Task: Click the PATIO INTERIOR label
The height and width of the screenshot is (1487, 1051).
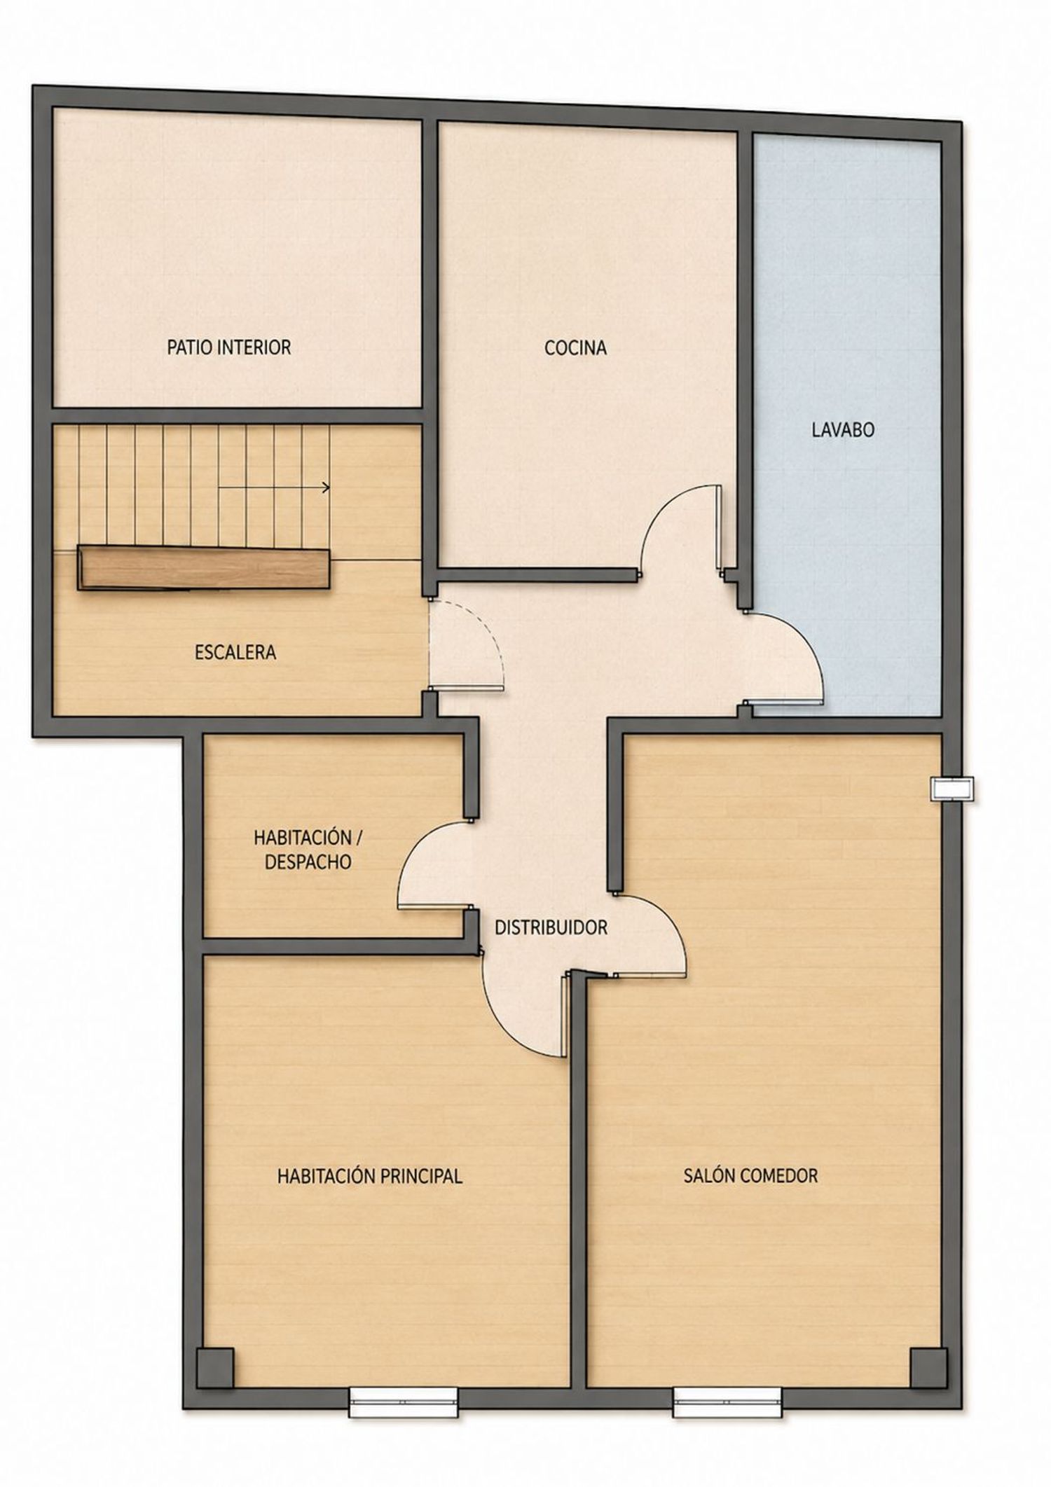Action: point(228,347)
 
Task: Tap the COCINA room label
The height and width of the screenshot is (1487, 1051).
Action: point(575,347)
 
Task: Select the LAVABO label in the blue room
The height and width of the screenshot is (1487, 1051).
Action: point(843,430)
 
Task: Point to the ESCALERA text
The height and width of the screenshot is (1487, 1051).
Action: point(235,652)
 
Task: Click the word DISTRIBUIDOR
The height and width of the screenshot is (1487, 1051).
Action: point(551,927)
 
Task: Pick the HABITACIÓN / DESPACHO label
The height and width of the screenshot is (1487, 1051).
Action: point(308,850)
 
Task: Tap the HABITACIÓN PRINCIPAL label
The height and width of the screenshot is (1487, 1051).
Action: point(370,1176)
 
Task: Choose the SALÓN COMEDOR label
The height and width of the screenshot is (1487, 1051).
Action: point(750,1175)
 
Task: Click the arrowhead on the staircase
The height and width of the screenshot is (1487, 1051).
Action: point(326,487)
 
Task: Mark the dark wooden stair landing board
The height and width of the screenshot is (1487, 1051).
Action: point(204,568)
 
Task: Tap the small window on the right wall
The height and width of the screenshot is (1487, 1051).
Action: point(952,789)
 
